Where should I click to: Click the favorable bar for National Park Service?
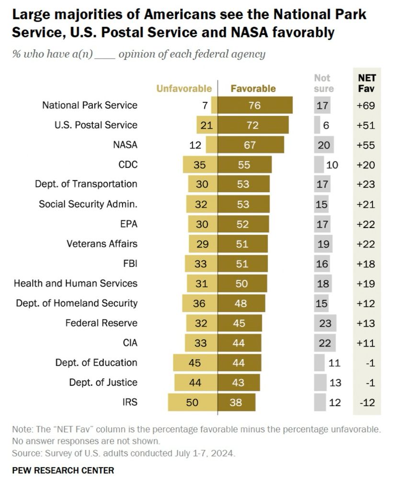tap(255, 105)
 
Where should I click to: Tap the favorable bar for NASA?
tap(251, 144)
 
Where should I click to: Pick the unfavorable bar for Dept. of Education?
tap(195, 363)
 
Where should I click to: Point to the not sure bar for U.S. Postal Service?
tap(317, 125)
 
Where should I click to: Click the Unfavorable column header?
tap(184, 88)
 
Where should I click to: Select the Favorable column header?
tap(253, 88)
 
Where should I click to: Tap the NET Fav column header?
tap(367, 83)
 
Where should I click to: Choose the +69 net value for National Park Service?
tap(367, 105)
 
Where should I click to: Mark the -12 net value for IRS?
tap(367, 402)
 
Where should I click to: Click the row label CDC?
tap(128, 165)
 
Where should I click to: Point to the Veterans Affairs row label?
tap(102, 244)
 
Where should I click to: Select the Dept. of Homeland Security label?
tap(77, 303)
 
